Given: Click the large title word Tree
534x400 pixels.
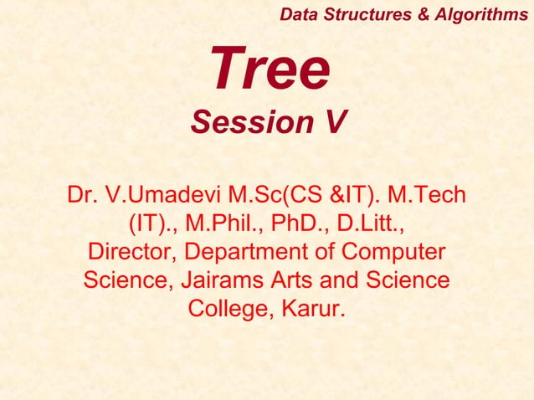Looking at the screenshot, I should point(270,70).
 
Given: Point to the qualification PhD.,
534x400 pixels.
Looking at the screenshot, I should point(304,224).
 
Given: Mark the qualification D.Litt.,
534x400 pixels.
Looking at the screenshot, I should point(372,224).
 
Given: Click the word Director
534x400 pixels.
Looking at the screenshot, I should point(132,252).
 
